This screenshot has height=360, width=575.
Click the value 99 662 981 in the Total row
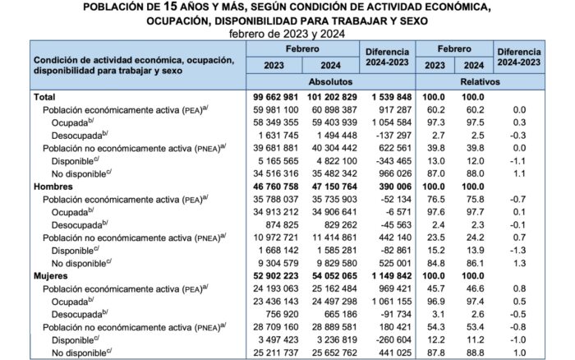(x=277, y=97)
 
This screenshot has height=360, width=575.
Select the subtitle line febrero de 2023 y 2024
(x=287, y=33)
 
